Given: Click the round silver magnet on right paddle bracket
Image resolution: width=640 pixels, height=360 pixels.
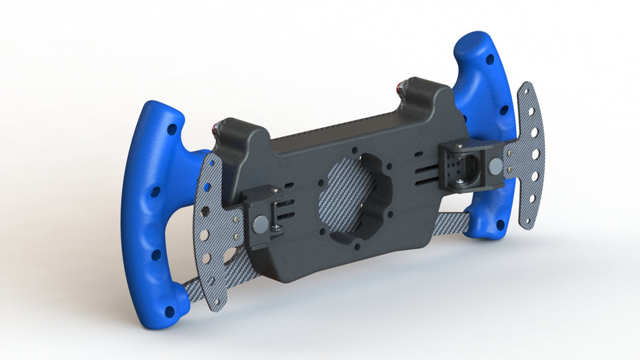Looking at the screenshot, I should pyautogui.click(x=495, y=166).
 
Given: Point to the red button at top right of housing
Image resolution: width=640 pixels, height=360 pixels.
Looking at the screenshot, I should pyautogui.click(x=398, y=86).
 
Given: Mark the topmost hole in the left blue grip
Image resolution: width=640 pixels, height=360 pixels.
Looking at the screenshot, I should pyautogui.click(x=171, y=130).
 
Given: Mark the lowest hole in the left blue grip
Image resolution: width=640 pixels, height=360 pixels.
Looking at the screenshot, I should pyautogui.click(x=169, y=311).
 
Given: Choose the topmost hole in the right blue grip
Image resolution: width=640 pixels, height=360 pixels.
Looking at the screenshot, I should pyautogui.click(x=489, y=59).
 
